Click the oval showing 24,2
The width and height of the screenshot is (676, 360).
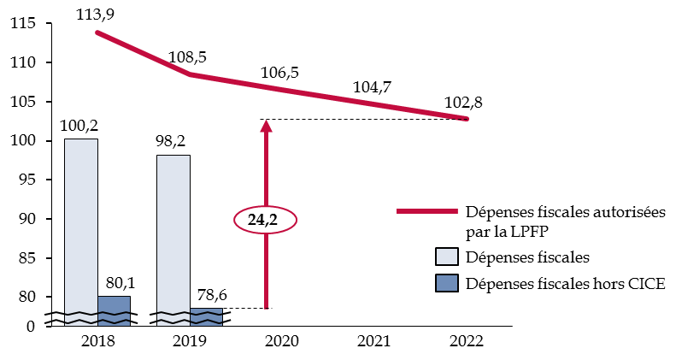pos(265,220)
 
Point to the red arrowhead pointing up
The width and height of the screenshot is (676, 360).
pos(266,126)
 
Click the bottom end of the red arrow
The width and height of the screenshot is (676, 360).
pos(266,306)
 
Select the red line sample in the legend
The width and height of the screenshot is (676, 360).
pos(426,210)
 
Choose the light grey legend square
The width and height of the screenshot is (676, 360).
pos(447,257)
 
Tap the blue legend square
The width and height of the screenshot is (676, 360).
pos(447,283)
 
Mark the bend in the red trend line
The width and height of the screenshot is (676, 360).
pos(191,74)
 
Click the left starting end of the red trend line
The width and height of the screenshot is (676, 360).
pos(97,32)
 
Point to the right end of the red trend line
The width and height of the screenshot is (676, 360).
pos(467,118)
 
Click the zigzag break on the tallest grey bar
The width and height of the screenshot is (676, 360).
pos(81,317)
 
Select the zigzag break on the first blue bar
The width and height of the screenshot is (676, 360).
pos(114,317)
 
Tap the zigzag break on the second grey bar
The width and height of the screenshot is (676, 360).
pos(173,317)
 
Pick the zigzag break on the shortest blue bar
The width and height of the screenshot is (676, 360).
pos(206,317)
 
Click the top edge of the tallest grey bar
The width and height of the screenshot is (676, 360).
pos(81,140)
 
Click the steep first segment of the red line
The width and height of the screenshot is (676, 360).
pos(144,53)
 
